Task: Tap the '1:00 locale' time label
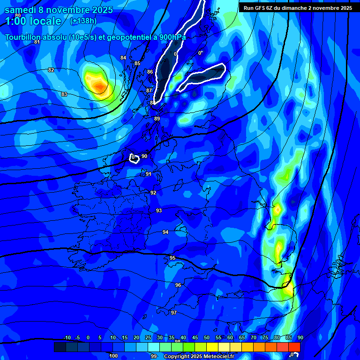tap(33, 21)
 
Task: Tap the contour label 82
tap(51, 70)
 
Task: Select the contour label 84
tap(123, 58)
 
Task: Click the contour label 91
tap(148, 174)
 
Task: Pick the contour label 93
tap(159, 210)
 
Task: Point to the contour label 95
tap(172, 258)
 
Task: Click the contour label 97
tap(174, 313)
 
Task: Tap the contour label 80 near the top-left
tap(18, 15)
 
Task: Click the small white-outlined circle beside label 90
tap(134, 158)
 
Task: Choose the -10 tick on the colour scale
tap(67, 338)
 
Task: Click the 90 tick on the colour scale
tap(300, 338)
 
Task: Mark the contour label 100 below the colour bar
tap(113, 356)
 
